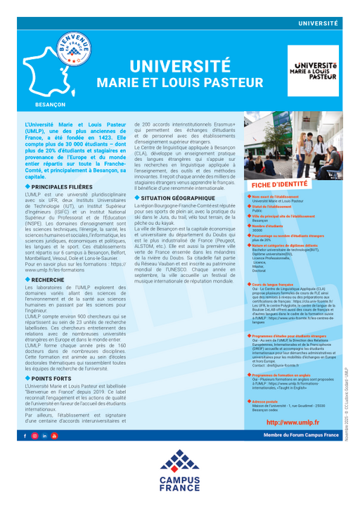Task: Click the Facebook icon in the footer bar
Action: click(25, 437)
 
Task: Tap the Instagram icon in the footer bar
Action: click(34, 437)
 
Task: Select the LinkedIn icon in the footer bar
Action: click(44, 437)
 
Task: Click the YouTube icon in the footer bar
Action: click(53, 437)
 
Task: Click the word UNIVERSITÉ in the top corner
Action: click(318, 23)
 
